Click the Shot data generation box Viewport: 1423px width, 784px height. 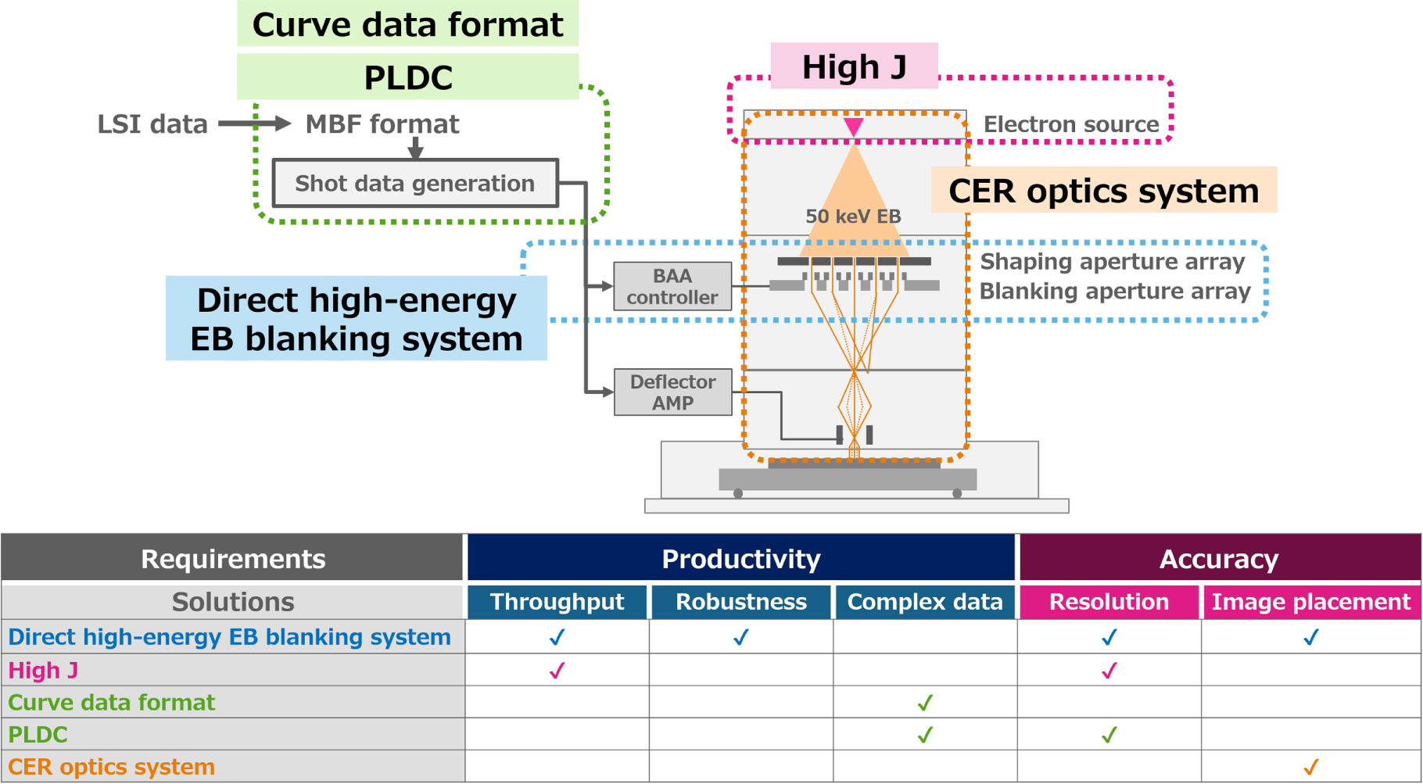point(415,183)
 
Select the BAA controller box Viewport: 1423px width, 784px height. point(672,286)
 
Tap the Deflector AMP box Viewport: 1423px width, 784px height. point(672,392)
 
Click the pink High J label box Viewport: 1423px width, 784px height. point(854,66)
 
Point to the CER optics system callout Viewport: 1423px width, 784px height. point(1103,190)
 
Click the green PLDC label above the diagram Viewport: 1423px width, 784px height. point(407,77)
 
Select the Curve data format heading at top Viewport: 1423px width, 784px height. point(407,24)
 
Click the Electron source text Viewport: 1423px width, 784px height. point(1070,124)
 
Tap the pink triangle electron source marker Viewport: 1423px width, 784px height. point(853,127)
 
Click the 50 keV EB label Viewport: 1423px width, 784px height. point(853,217)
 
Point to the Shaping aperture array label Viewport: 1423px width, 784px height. point(1112,261)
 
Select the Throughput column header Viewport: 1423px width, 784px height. point(557,601)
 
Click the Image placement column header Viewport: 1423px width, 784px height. point(1310,601)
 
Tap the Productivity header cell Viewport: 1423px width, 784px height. point(740,558)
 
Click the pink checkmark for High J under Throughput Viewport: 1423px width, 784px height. point(557,671)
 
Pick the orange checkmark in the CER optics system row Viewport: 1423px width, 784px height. point(1311,767)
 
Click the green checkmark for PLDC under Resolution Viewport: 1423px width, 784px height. point(1109,735)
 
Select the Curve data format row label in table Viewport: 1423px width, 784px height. point(112,702)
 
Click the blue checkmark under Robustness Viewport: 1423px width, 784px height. point(740,637)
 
